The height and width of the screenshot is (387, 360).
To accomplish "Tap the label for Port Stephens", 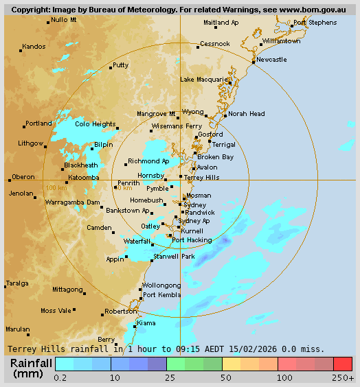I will click(315, 23).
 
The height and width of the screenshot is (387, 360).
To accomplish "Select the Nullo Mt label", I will click(64, 20).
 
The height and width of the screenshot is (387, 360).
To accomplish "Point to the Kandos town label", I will click(34, 47).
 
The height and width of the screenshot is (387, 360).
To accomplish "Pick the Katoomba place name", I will click(84, 178).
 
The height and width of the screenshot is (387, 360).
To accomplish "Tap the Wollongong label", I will click(161, 285).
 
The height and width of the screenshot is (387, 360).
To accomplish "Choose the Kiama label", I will click(146, 322).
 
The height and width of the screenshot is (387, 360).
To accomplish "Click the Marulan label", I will click(18, 329).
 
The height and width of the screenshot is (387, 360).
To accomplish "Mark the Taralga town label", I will click(17, 283).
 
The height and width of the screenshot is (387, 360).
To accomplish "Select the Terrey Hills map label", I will click(202, 177).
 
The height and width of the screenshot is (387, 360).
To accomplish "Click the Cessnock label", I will click(215, 44).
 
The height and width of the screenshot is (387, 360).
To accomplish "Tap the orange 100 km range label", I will click(56, 187).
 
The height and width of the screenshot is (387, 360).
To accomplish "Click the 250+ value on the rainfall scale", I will click(344, 378).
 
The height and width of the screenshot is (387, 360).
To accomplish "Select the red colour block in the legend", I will click(342, 364).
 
